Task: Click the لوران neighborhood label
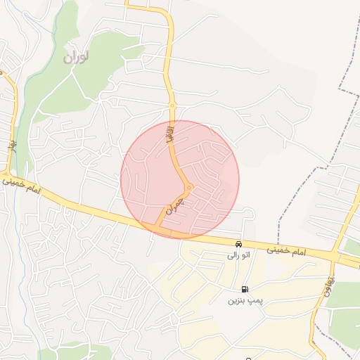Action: (x=78, y=56)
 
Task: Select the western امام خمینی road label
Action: (x=24, y=186)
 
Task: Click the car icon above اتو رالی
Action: (x=238, y=244)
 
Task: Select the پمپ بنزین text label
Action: (x=244, y=300)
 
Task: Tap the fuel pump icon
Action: (x=244, y=289)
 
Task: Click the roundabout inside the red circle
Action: (x=189, y=187)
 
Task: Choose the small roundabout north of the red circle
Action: (x=172, y=106)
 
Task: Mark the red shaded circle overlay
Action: (x=211, y=162)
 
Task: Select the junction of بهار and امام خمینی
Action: (x=7, y=174)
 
